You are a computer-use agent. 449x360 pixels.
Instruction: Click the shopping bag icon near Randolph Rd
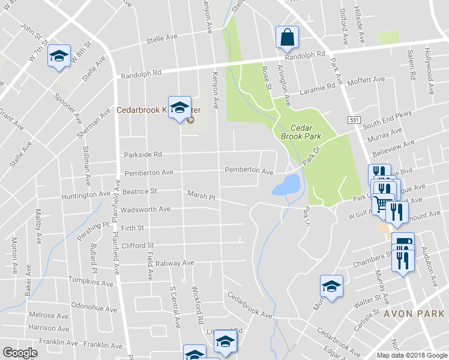point(287,37)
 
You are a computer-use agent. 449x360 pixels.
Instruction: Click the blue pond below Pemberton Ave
point(286,185)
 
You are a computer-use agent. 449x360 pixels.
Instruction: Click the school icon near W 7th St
point(59,56)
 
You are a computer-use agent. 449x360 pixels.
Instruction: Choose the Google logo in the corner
point(20,353)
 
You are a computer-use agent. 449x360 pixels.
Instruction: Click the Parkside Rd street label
point(143,154)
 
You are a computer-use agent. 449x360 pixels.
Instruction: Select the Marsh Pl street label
point(200,196)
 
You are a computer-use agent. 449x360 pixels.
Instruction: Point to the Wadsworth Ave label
point(145,210)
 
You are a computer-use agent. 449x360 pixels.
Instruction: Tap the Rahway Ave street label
point(175,263)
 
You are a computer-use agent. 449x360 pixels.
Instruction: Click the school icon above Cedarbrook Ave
point(331,287)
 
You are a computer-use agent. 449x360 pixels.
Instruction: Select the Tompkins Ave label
point(91,282)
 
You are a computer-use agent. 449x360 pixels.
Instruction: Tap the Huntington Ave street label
point(86,195)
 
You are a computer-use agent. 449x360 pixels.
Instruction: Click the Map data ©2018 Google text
point(412,355)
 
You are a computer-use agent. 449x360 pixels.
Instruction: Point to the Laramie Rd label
point(318,88)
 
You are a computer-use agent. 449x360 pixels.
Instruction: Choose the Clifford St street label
point(137,245)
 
